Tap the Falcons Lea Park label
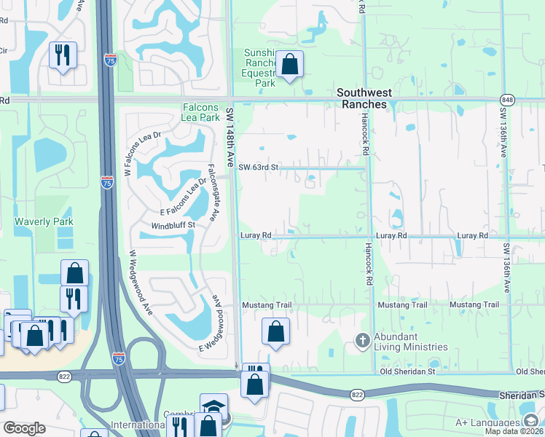pyautogui.click(x=200, y=112)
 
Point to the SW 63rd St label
pyautogui.click(x=259, y=168)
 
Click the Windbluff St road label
pyautogui.click(x=173, y=225)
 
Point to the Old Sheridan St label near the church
pyautogui.click(x=405, y=371)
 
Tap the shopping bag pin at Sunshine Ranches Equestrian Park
pyautogui.click(x=289, y=65)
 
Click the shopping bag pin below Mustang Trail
pyautogui.click(x=276, y=332)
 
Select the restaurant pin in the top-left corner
pyautogui.click(x=63, y=55)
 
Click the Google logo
pyautogui.click(x=25, y=428)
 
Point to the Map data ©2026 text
pyautogui.click(x=514, y=431)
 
